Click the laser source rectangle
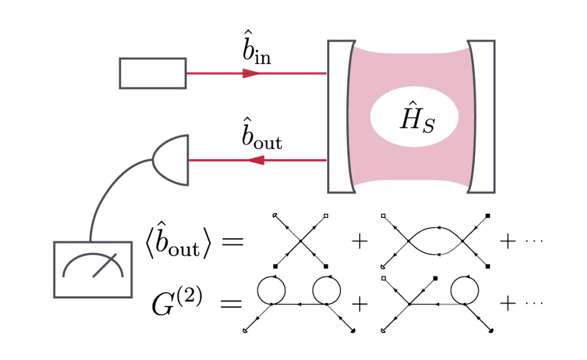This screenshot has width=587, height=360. (x=153, y=73)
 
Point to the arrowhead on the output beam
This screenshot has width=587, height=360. (x=255, y=160)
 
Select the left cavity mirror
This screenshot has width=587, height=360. (x=340, y=116)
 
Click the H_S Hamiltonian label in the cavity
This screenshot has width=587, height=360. (x=414, y=116)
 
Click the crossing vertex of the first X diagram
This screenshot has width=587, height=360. (x=301, y=240)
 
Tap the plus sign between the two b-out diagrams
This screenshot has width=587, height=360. (x=359, y=242)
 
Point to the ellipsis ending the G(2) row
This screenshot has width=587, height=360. (x=534, y=304)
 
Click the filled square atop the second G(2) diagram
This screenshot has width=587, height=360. (x=435, y=278)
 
